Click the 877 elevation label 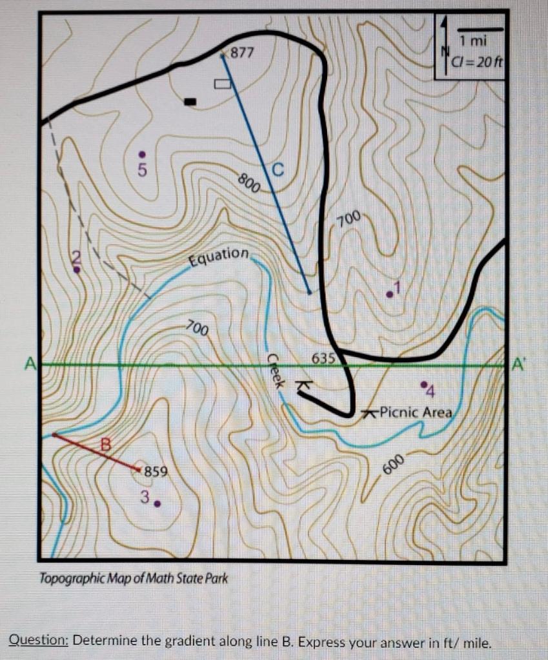coord(243,52)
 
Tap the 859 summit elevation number coord(156,471)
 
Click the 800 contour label coord(249,183)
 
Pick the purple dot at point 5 coord(143,154)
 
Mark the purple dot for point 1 coord(389,294)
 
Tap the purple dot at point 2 coord(77,269)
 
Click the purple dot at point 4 coord(423,384)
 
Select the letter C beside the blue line coord(278,170)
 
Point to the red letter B coord(105,443)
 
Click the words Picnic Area coord(416,411)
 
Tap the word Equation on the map coord(218,257)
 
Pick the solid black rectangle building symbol coord(190,101)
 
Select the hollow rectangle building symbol coord(222,83)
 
